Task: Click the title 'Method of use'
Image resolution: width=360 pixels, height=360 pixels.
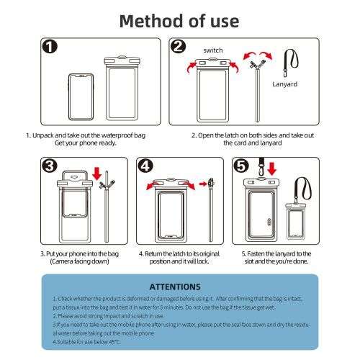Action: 179,21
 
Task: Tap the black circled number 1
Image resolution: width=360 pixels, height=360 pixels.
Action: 50,47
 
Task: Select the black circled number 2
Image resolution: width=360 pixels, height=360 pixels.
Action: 178,46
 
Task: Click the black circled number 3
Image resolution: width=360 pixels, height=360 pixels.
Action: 50,166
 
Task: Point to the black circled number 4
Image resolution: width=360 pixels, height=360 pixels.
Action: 145,166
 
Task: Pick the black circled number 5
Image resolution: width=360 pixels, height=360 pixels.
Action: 241,166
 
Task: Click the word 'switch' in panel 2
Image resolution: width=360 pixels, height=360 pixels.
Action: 213,50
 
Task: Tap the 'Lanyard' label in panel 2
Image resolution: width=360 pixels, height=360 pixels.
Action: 285,84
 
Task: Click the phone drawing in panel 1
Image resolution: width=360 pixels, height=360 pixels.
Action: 81,97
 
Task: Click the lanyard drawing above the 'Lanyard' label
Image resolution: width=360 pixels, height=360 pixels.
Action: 290,63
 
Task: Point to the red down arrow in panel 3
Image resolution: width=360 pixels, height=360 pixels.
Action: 97,174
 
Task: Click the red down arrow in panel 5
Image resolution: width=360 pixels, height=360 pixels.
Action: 272,168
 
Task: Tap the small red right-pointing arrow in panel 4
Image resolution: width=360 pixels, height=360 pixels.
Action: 203,184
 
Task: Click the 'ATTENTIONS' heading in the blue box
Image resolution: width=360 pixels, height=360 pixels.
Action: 175,287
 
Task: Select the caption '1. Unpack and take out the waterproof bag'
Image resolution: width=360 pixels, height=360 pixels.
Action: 86,135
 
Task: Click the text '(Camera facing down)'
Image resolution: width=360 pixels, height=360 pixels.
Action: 80,261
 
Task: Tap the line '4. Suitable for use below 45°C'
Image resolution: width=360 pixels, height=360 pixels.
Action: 86,342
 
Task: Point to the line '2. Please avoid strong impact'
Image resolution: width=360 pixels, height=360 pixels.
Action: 108,316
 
